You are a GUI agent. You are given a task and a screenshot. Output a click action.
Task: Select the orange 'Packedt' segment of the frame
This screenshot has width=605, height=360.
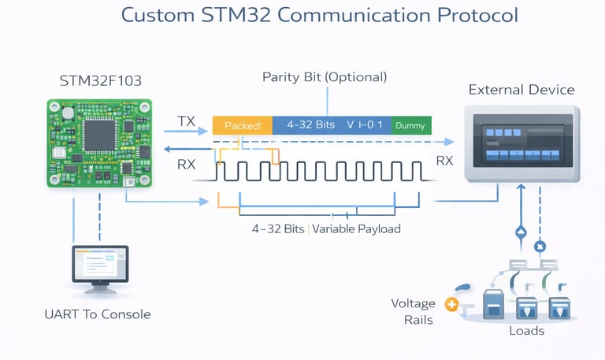242,125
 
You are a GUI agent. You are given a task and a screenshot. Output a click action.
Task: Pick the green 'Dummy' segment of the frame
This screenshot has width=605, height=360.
410,125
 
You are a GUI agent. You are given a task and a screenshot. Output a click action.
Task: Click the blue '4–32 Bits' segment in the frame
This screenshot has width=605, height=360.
311,125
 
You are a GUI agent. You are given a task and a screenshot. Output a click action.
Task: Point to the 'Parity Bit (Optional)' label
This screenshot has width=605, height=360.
325,77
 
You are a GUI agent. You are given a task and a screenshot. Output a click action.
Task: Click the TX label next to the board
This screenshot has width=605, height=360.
187,121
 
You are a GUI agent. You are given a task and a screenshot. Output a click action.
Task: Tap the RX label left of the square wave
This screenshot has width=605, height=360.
186,164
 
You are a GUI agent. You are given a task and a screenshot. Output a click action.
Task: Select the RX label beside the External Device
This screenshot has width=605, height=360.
445,161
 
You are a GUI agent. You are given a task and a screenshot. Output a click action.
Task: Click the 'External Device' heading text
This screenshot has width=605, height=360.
521,89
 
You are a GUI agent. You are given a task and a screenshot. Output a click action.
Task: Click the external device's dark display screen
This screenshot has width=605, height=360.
522,140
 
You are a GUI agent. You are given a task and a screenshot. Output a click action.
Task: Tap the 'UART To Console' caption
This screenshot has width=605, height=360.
98,314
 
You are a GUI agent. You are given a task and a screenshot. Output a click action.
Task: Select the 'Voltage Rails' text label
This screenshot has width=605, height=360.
418,311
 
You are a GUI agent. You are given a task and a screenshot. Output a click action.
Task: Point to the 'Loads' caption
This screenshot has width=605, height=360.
526,331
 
